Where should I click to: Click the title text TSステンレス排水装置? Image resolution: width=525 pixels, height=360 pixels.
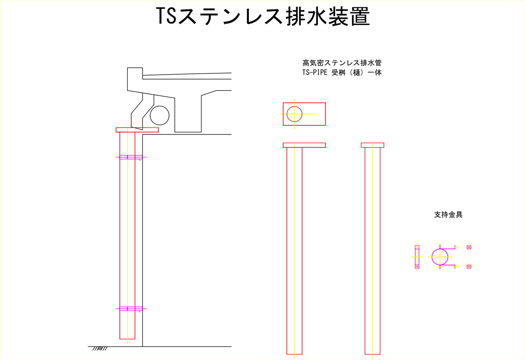[263, 16]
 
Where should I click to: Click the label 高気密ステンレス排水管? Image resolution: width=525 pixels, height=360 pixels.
[342, 63]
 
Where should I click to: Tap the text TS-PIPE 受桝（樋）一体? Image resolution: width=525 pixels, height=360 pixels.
[342, 73]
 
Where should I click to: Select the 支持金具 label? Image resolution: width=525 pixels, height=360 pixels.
[448, 215]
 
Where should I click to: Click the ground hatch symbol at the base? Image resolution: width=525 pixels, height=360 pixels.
[100, 349]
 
